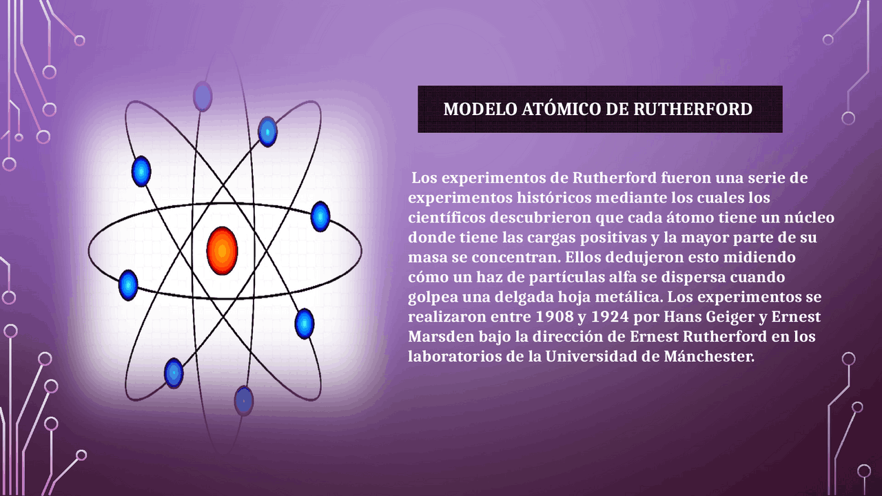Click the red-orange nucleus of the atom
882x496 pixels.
[x=222, y=251]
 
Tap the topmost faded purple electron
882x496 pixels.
[x=203, y=96]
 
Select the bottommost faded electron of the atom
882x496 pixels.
[x=243, y=400]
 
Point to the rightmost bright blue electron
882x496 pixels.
[x=320, y=216]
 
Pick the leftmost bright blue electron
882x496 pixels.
[x=128, y=285]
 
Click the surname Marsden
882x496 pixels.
[x=436, y=338]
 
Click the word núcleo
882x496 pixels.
[x=806, y=218]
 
